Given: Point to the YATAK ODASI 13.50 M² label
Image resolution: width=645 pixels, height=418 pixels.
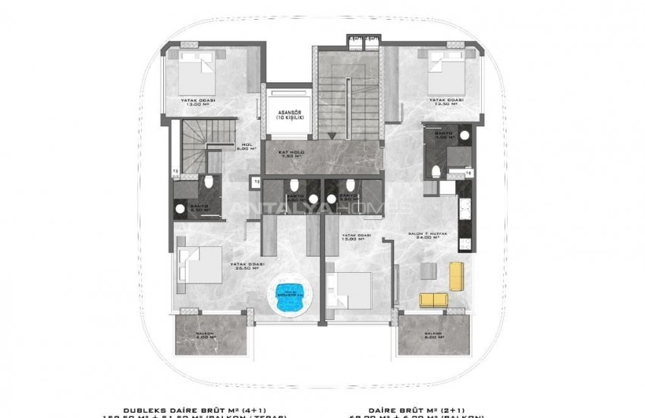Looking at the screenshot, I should [446, 103].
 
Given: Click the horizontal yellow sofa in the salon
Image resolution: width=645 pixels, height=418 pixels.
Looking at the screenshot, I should [434, 299].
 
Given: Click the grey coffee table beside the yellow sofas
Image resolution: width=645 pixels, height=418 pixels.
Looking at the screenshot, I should [430, 272].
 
